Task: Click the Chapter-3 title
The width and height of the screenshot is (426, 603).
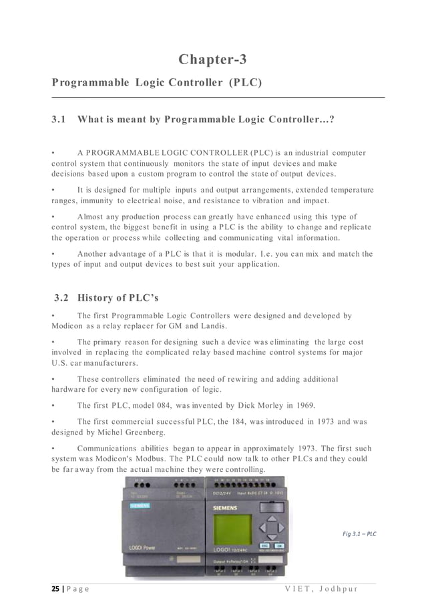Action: coord(212,59)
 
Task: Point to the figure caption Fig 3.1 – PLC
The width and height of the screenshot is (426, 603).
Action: coord(359,533)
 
